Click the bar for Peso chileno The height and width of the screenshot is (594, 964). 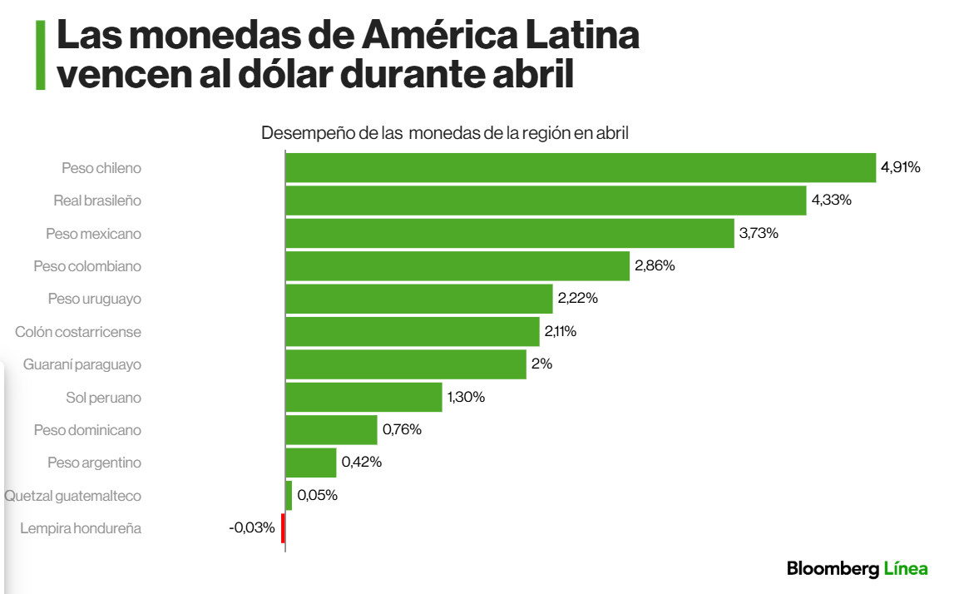[x=581, y=167]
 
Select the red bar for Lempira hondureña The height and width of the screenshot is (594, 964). [x=283, y=528]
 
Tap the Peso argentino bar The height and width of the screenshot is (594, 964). [x=310, y=463]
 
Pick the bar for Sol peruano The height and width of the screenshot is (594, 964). [x=363, y=397]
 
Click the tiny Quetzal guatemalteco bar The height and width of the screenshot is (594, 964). [x=289, y=496]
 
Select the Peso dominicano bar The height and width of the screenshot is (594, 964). [x=331, y=430]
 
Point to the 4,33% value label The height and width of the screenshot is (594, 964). [x=831, y=200]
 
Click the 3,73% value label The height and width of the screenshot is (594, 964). [x=759, y=234]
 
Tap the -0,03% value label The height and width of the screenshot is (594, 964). [x=252, y=527]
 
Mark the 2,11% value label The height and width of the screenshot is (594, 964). [x=561, y=331]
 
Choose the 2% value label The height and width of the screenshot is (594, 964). [x=542, y=364]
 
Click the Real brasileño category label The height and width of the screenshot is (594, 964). [x=97, y=200]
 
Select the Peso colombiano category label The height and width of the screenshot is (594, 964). [x=87, y=266]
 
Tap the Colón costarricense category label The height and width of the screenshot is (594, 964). [x=78, y=332]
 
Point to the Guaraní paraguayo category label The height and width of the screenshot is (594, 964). [x=82, y=364]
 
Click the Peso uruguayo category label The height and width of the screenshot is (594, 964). [x=94, y=299]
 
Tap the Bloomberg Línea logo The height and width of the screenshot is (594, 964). [x=857, y=569]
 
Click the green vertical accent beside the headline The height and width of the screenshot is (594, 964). [x=40, y=55]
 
